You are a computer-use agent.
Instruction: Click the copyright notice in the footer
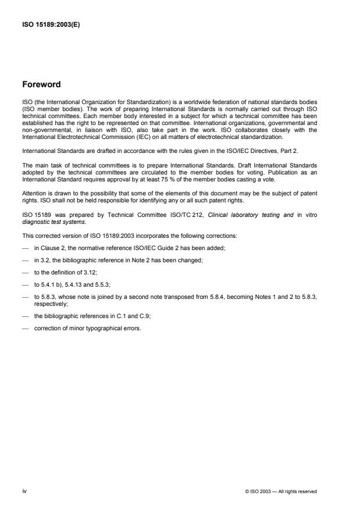[281, 491]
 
